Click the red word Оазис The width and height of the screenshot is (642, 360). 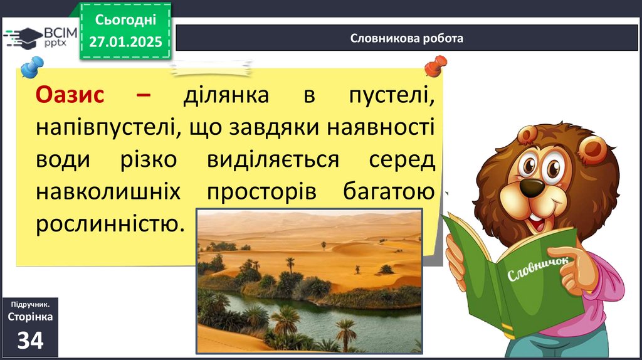70,95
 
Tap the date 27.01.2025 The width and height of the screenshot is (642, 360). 125,42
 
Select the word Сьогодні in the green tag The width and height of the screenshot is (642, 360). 125,19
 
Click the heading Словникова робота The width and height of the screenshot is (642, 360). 406,38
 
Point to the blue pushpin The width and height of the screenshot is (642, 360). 31,66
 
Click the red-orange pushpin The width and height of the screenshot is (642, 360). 436,65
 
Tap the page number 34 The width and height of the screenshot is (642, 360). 30,340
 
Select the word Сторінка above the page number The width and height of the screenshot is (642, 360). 30,317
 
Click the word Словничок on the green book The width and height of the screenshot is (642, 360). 537,269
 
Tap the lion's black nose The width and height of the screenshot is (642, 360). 532,187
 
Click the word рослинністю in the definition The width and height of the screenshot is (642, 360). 110,224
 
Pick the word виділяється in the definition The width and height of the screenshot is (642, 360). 273,159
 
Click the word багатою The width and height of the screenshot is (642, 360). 389,191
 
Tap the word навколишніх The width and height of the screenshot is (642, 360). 108,191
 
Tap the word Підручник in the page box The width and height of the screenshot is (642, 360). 30,304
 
